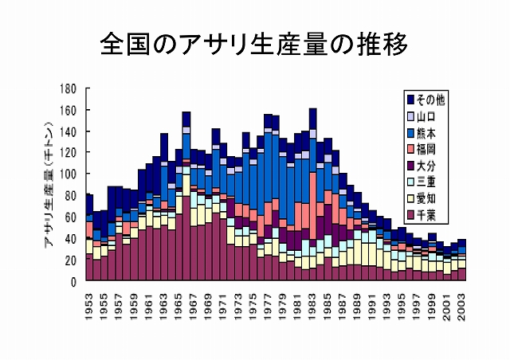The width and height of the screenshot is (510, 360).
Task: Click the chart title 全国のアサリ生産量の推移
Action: click(255, 45)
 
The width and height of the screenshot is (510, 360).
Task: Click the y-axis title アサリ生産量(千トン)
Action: click(49, 184)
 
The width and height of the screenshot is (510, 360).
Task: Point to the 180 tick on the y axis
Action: click(69, 88)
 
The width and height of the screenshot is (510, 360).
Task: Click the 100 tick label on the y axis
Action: click(69, 174)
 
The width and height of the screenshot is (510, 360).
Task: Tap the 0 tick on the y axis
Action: click(75, 281)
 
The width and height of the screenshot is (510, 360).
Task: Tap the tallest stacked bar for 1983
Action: click(312, 195)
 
